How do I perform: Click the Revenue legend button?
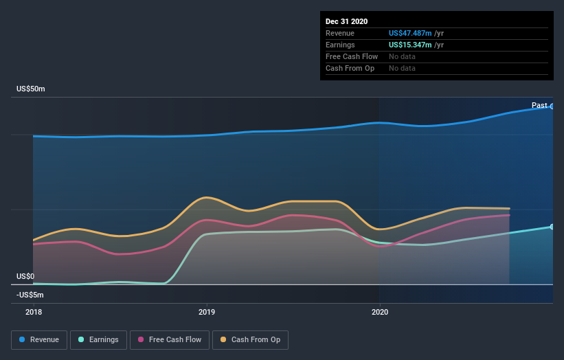point(40,339)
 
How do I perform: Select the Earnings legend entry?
point(98,339)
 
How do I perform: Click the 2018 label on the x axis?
point(33,311)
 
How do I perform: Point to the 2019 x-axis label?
point(206,311)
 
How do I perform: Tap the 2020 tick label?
point(379,311)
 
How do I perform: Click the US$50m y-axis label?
point(31,89)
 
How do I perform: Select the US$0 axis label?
point(26,276)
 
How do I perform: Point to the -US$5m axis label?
point(30,295)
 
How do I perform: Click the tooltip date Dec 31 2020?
point(346,21)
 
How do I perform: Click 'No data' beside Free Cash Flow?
point(402,56)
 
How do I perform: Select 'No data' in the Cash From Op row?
point(402,68)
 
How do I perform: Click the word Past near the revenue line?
point(539,105)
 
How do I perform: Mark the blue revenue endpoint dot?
point(552,106)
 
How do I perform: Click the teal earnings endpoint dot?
point(552,227)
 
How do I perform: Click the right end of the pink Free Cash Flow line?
point(509,215)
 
